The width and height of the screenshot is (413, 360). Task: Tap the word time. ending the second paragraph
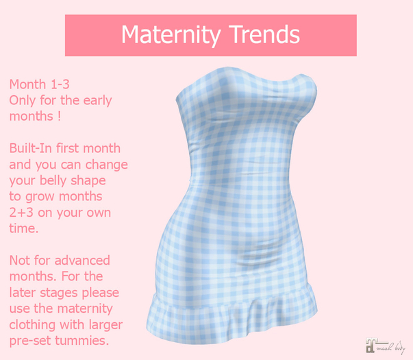(24, 228)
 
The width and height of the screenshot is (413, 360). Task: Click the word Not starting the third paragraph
(21, 261)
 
